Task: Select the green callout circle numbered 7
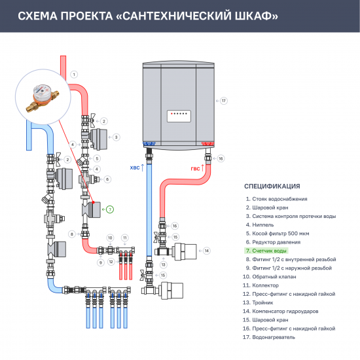pos(110,209)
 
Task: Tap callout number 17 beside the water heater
pos(223,101)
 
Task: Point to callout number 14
pos(206,251)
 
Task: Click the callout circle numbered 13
pos(164,264)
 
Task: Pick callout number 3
pos(116,137)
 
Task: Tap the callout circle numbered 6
pos(108,179)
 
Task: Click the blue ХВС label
pos(135,168)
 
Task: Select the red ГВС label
pos(195,168)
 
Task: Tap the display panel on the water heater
pos(180,113)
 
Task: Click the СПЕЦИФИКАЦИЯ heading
pos(272,186)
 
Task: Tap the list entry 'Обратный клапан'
pos(271,276)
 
